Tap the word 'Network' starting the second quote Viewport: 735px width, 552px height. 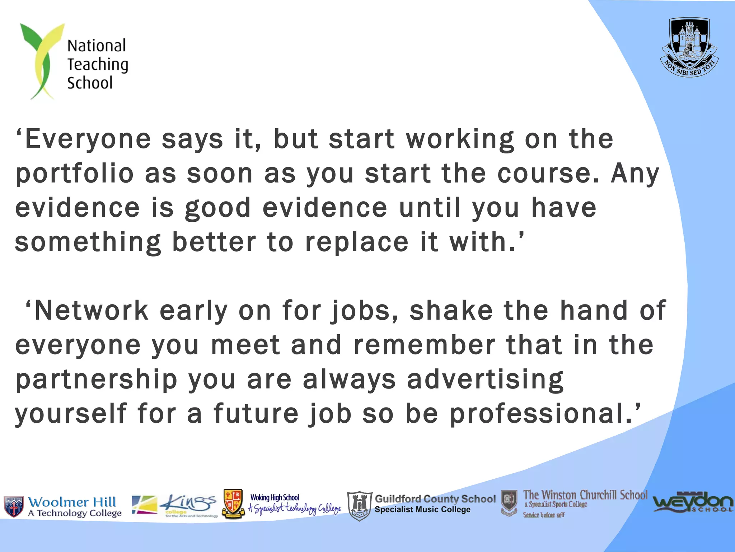[x=92, y=310]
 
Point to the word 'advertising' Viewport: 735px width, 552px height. [x=485, y=379]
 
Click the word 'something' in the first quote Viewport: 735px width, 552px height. [x=88, y=242]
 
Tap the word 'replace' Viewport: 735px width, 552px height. [x=357, y=242]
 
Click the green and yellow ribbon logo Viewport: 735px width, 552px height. [x=41, y=61]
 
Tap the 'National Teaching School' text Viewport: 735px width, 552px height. [x=97, y=64]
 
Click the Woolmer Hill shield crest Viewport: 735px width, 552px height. [x=14, y=506]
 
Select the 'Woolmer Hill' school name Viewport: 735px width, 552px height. [x=72, y=502]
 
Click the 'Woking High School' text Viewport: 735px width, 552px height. [x=275, y=498]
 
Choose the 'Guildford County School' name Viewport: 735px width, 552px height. [x=435, y=499]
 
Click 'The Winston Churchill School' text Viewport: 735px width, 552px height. [x=585, y=495]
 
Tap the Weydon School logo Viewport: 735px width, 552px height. [x=693, y=502]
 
